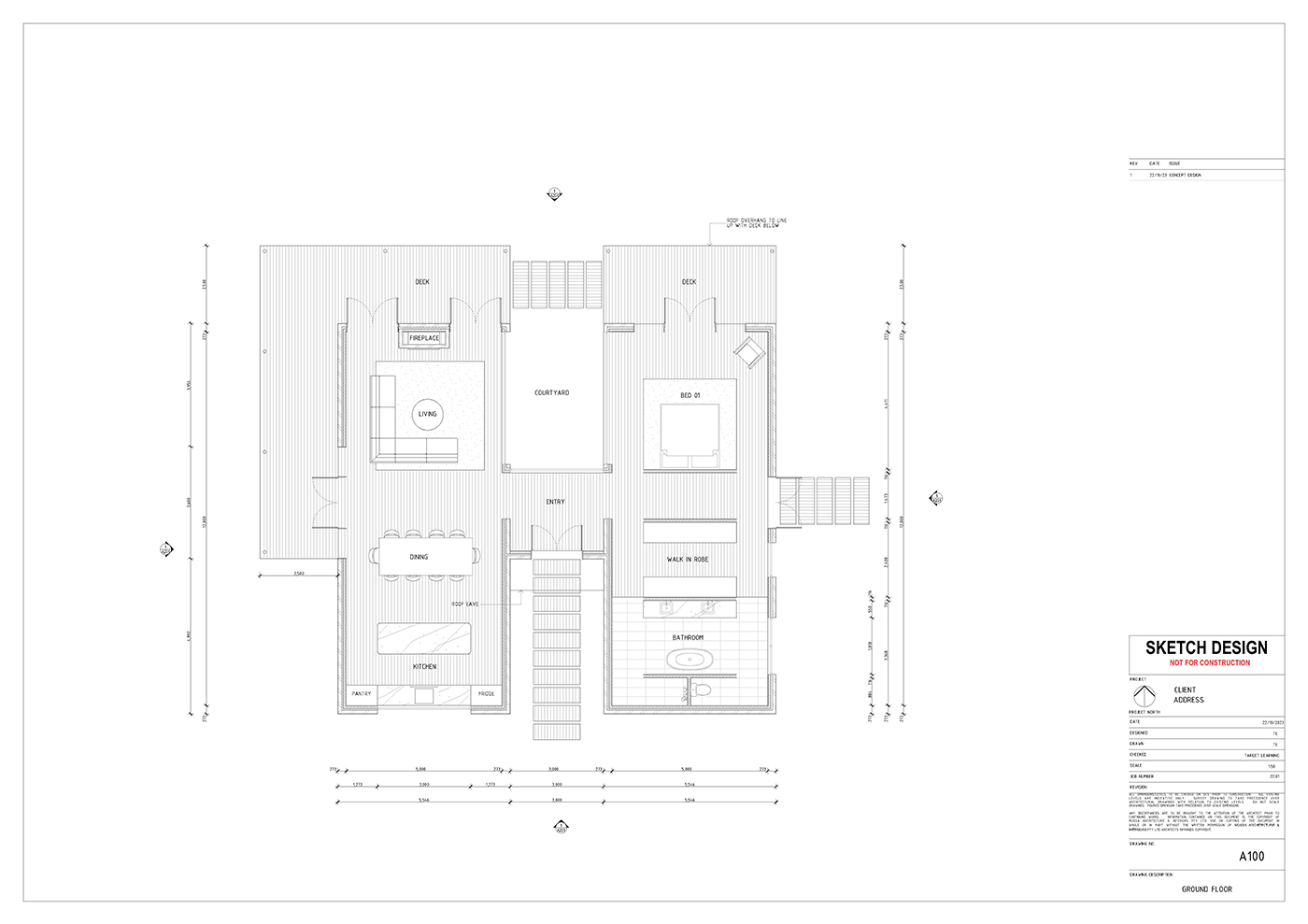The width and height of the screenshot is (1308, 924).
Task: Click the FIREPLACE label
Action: (x=424, y=338)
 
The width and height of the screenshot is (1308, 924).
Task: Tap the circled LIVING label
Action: (x=427, y=414)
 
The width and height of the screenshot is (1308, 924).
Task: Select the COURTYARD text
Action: (x=551, y=393)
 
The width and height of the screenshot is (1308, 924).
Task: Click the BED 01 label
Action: (x=690, y=396)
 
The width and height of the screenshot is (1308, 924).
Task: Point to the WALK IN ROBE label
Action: (x=688, y=560)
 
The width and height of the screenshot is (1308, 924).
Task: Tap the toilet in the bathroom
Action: (x=699, y=691)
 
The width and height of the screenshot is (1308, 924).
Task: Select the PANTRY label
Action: (x=362, y=694)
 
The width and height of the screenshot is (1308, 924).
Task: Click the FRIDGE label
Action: (x=486, y=694)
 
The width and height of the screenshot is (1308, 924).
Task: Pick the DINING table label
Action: (x=419, y=557)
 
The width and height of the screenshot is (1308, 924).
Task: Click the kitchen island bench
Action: (x=424, y=639)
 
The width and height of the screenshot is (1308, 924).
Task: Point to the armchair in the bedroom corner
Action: (x=749, y=352)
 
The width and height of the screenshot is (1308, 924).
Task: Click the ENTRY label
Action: (x=555, y=503)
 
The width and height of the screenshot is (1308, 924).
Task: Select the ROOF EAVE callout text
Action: (x=464, y=604)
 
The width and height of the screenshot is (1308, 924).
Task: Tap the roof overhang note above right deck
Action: (x=757, y=223)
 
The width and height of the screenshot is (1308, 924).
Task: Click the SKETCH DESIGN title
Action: (x=1206, y=647)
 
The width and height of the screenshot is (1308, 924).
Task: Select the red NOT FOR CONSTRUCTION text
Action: (x=1209, y=663)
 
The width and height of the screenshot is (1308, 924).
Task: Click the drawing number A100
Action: (x=1251, y=857)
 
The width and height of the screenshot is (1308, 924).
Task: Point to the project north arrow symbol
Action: (x=1144, y=696)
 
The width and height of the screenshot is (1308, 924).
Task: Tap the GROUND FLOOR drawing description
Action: (x=1206, y=889)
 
